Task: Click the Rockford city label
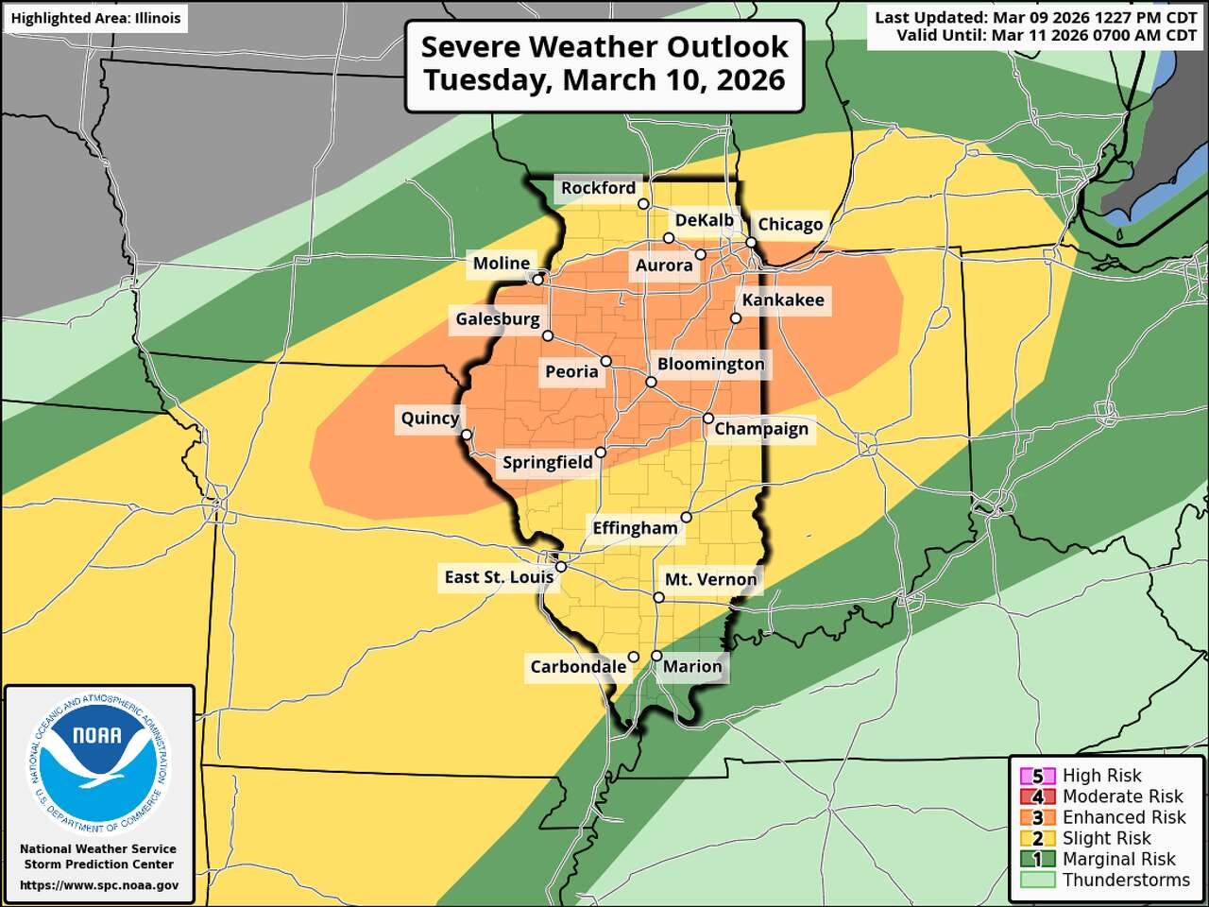(598, 188)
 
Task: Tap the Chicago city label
(791, 224)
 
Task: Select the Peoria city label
(571, 371)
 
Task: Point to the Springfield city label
(547, 462)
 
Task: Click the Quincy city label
(430, 418)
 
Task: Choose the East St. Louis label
(499, 576)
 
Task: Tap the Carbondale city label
(578, 666)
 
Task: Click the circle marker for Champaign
(708, 419)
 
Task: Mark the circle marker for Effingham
(687, 517)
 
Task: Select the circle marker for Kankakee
(736, 318)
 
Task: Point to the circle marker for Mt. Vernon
(658, 597)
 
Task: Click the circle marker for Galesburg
(548, 335)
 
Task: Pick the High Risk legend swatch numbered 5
(1037, 777)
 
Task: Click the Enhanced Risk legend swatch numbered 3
(1037, 817)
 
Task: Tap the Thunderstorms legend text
(1126, 880)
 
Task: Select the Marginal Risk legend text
(1118, 859)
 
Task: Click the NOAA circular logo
(98, 762)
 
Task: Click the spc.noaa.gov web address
(99, 885)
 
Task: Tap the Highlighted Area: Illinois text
(95, 18)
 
